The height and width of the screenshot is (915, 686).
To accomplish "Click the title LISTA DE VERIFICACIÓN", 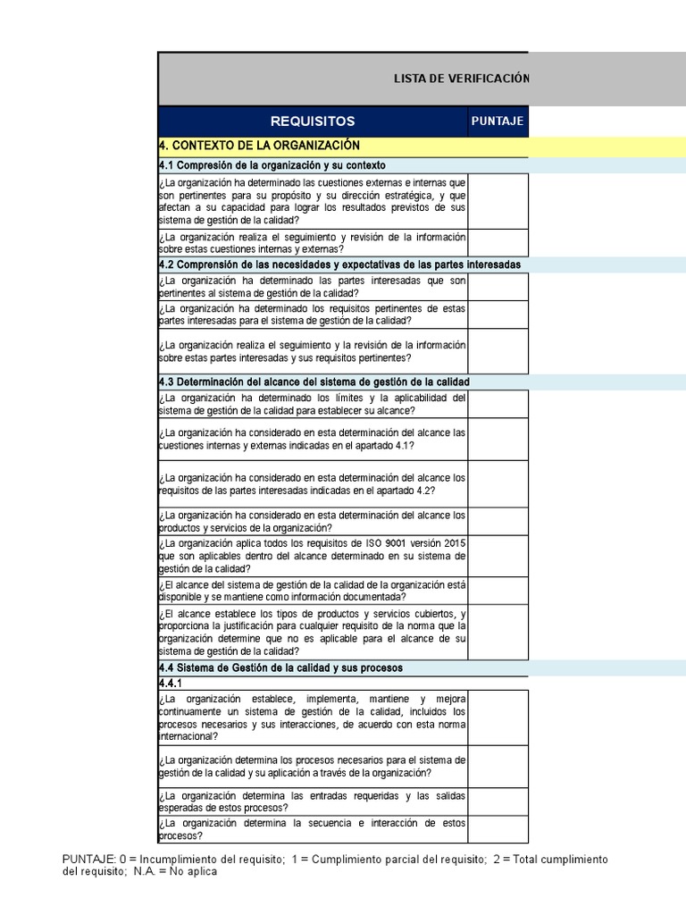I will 461,79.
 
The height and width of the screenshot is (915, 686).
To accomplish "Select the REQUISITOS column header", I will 314,122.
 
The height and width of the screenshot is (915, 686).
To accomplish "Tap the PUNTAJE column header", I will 498,122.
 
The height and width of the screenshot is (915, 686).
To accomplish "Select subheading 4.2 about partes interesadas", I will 339,264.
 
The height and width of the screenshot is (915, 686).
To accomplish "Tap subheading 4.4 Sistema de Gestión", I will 280,667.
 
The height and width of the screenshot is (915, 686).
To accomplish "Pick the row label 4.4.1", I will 171,682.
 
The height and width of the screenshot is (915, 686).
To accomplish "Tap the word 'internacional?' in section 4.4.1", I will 187,736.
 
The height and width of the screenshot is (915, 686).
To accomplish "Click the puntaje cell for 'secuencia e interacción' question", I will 498,829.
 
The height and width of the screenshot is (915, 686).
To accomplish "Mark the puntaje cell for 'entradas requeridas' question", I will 498,802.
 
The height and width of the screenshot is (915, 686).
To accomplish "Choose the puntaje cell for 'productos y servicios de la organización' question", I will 498,521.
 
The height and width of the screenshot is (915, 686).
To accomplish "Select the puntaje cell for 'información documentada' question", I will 498,591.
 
